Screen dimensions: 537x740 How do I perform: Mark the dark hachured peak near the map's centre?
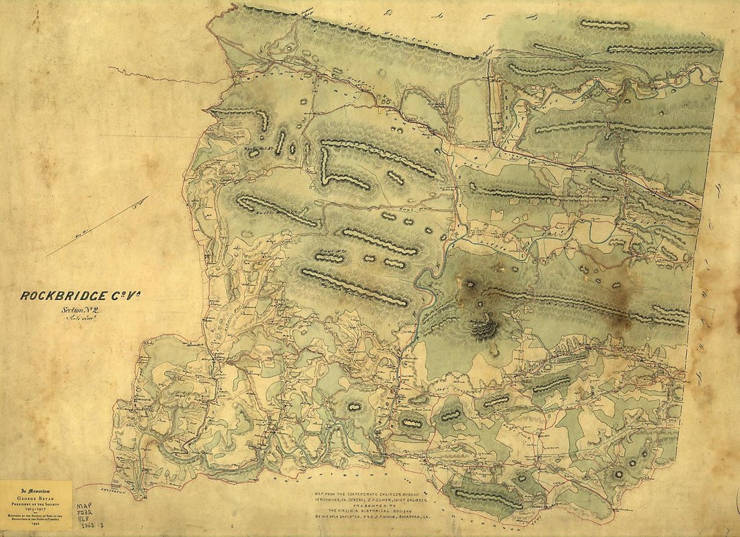(484, 328)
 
